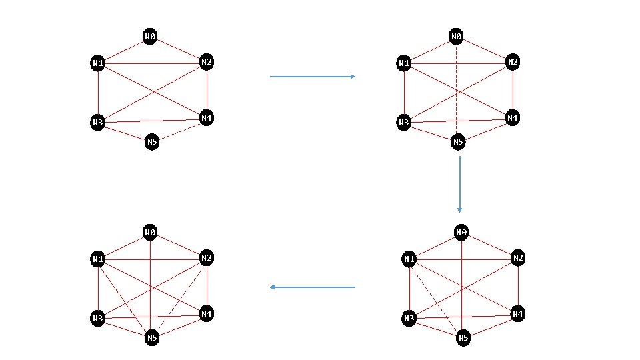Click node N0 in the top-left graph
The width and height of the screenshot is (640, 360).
click(150, 35)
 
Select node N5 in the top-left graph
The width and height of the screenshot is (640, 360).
click(152, 141)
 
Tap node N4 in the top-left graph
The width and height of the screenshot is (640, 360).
click(207, 119)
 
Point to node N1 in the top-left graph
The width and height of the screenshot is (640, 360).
click(98, 63)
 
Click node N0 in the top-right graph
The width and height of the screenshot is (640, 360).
click(456, 35)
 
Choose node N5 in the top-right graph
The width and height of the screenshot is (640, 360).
click(458, 141)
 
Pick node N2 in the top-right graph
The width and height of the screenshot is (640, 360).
click(513, 62)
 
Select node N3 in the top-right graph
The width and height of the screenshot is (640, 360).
click(403, 122)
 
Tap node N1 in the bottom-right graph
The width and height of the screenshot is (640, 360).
click(409, 259)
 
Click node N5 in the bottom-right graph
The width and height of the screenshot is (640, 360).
click(463, 338)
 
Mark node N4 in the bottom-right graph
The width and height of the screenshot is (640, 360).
click(518, 313)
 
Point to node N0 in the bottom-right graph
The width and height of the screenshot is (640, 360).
click(461, 233)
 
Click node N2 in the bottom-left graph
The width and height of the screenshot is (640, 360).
click(207, 258)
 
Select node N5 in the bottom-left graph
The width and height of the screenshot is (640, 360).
click(152, 338)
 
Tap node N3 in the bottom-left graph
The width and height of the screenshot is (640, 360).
click(98, 319)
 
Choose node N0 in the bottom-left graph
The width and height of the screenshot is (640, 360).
click(150, 232)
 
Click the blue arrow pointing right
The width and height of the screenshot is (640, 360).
click(313, 77)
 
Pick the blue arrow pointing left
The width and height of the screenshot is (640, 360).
click(313, 287)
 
